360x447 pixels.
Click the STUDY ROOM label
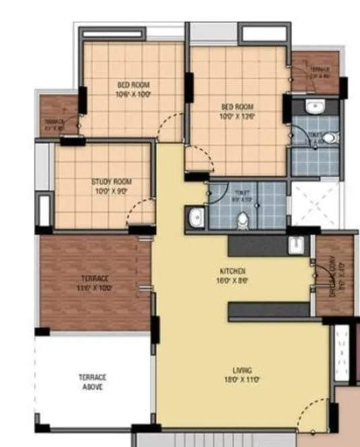pos(111,182)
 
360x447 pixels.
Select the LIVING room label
pos(242,370)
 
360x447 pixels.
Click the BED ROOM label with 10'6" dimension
pos(134,85)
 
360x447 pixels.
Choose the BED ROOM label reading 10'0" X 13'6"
pos(238,106)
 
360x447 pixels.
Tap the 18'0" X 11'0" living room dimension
pos(242,380)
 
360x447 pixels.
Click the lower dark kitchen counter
pos(269,310)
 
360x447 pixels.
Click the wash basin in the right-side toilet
pos(314,106)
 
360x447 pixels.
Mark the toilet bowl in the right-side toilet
pos(328,138)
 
